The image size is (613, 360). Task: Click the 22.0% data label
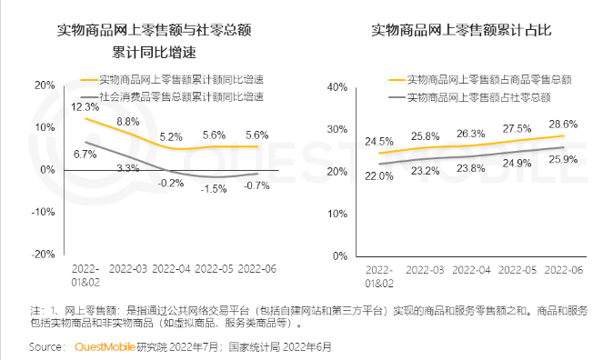(378, 176)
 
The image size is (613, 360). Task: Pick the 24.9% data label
(517, 164)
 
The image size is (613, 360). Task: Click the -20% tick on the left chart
(43, 255)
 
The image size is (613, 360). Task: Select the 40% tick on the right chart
(337, 86)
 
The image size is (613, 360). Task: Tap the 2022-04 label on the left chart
(171, 270)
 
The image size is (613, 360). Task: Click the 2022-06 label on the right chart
(563, 270)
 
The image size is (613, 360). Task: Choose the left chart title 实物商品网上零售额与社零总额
(154, 31)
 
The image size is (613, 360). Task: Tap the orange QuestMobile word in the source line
(104, 346)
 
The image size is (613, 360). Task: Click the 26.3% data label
(470, 134)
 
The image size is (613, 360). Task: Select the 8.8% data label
(128, 121)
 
